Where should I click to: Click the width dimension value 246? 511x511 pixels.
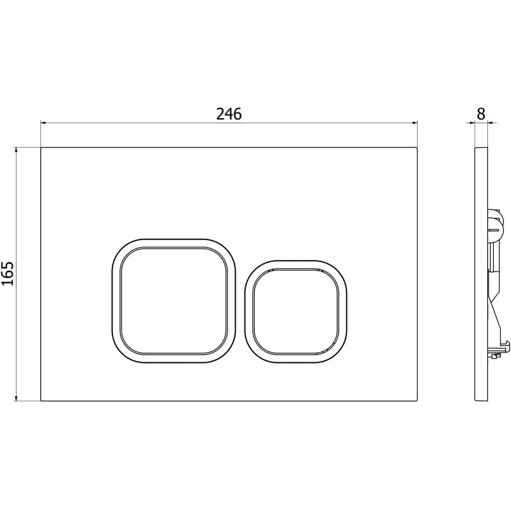[x=229, y=114]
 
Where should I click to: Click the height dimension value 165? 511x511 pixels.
[x=8, y=274]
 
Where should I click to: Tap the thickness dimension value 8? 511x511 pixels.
[x=481, y=114]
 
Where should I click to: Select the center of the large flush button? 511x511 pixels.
[x=174, y=301]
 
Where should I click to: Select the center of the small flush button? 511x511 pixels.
[x=296, y=312]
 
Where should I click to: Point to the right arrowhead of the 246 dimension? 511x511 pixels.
[x=415, y=123]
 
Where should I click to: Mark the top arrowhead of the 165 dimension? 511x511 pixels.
[x=16, y=151]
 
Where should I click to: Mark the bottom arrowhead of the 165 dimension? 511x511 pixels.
[x=16, y=397]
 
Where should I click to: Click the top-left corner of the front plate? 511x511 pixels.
[x=41, y=148]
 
